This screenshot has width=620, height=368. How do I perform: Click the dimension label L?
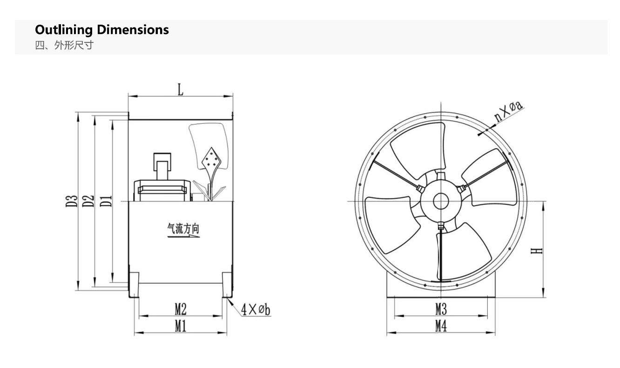click(x=181, y=90)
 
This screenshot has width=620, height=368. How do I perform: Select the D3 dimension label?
click(x=72, y=201)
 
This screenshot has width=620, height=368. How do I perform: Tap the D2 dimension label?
click(x=88, y=201)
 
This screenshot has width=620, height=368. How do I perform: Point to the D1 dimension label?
click(x=106, y=201)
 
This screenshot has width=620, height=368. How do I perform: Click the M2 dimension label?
click(x=181, y=309)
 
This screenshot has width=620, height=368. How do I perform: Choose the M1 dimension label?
click(x=181, y=326)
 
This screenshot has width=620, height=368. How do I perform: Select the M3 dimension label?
click(x=441, y=309)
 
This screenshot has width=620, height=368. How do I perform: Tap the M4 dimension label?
click(x=441, y=326)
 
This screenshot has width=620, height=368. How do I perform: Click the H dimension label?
click(x=537, y=251)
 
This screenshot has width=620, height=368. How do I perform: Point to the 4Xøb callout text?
click(x=256, y=309)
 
